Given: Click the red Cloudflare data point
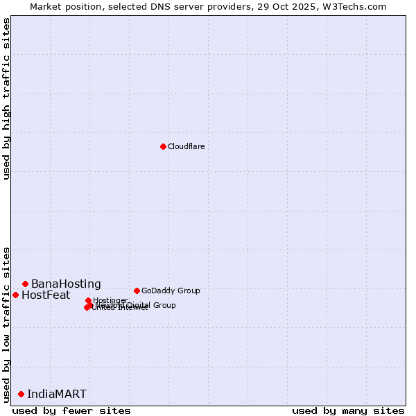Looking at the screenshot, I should (x=163, y=146).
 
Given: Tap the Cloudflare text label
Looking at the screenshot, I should (x=187, y=146).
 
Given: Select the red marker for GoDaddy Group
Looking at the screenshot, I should (x=137, y=291).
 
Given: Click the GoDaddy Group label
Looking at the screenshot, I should (x=171, y=291).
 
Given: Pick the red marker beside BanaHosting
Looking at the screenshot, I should (x=25, y=284).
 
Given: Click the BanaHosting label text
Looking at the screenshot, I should (x=66, y=284).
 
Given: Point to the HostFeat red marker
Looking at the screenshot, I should (x=15, y=295).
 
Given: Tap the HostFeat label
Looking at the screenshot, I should (x=46, y=295).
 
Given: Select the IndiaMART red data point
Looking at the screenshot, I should (x=21, y=394).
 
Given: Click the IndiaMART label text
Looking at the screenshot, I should (x=57, y=395).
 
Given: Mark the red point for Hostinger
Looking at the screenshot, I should (x=88, y=301).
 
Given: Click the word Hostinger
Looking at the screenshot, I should (x=110, y=300).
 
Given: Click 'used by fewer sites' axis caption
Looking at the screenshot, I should (x=71, y=410).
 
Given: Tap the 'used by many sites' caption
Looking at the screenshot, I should (x=348, y=410).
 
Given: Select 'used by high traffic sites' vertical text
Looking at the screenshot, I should (x=6, y=98).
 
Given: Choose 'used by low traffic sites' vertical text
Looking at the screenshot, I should (x=6, y=324).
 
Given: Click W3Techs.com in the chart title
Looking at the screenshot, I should (x=358, y=6).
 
